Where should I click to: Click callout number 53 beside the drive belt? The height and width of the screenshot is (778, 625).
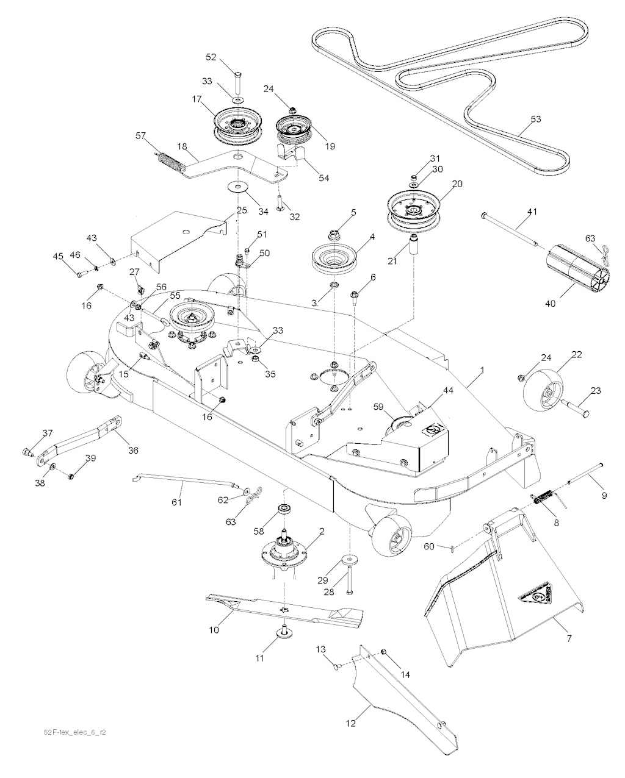pos(535,119)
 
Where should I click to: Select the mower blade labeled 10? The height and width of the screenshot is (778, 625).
pos(281,610)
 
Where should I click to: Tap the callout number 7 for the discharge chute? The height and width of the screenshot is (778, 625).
pos(569,638)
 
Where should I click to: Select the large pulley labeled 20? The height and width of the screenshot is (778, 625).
pos(414,208)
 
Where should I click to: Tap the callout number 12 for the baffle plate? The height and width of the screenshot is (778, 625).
pos(350,723)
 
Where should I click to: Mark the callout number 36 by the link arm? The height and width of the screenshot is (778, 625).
pos(132,450)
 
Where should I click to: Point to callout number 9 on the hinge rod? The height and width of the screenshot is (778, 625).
pos(604,496)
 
